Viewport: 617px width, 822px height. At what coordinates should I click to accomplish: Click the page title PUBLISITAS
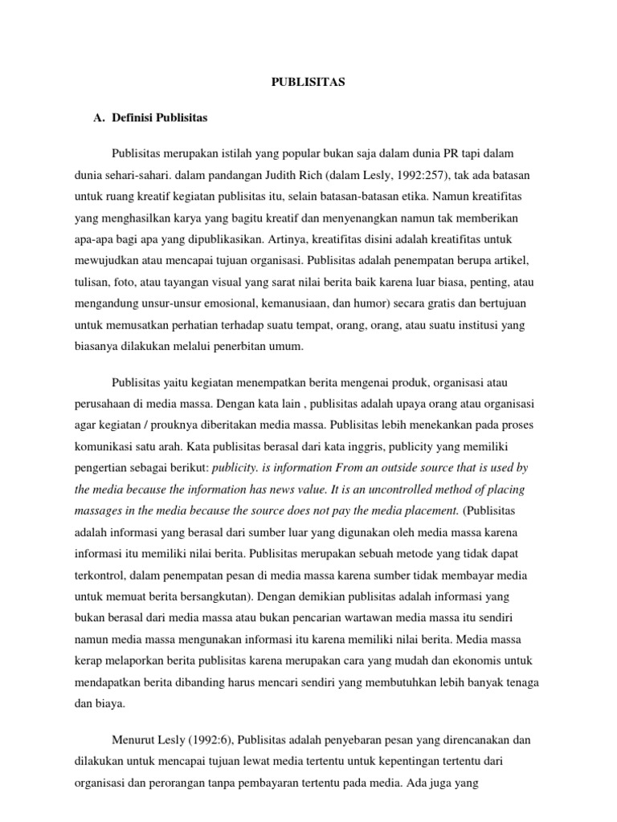[x=308, y=82]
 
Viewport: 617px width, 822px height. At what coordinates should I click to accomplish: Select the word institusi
[x=494, y=327]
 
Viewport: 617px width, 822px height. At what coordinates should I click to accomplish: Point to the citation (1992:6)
[x=212, y=739]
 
